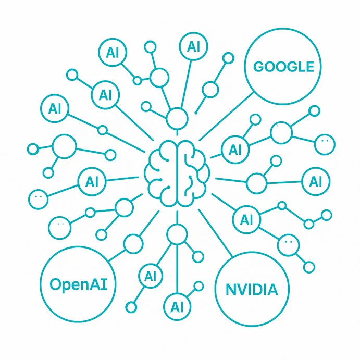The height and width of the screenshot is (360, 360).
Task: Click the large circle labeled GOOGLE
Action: pos(283,67)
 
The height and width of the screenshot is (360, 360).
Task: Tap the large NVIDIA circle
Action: pos(252,290)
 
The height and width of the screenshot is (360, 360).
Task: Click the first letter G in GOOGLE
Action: pos(258,67)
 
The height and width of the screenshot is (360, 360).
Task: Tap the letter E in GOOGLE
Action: pos(309,67)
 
